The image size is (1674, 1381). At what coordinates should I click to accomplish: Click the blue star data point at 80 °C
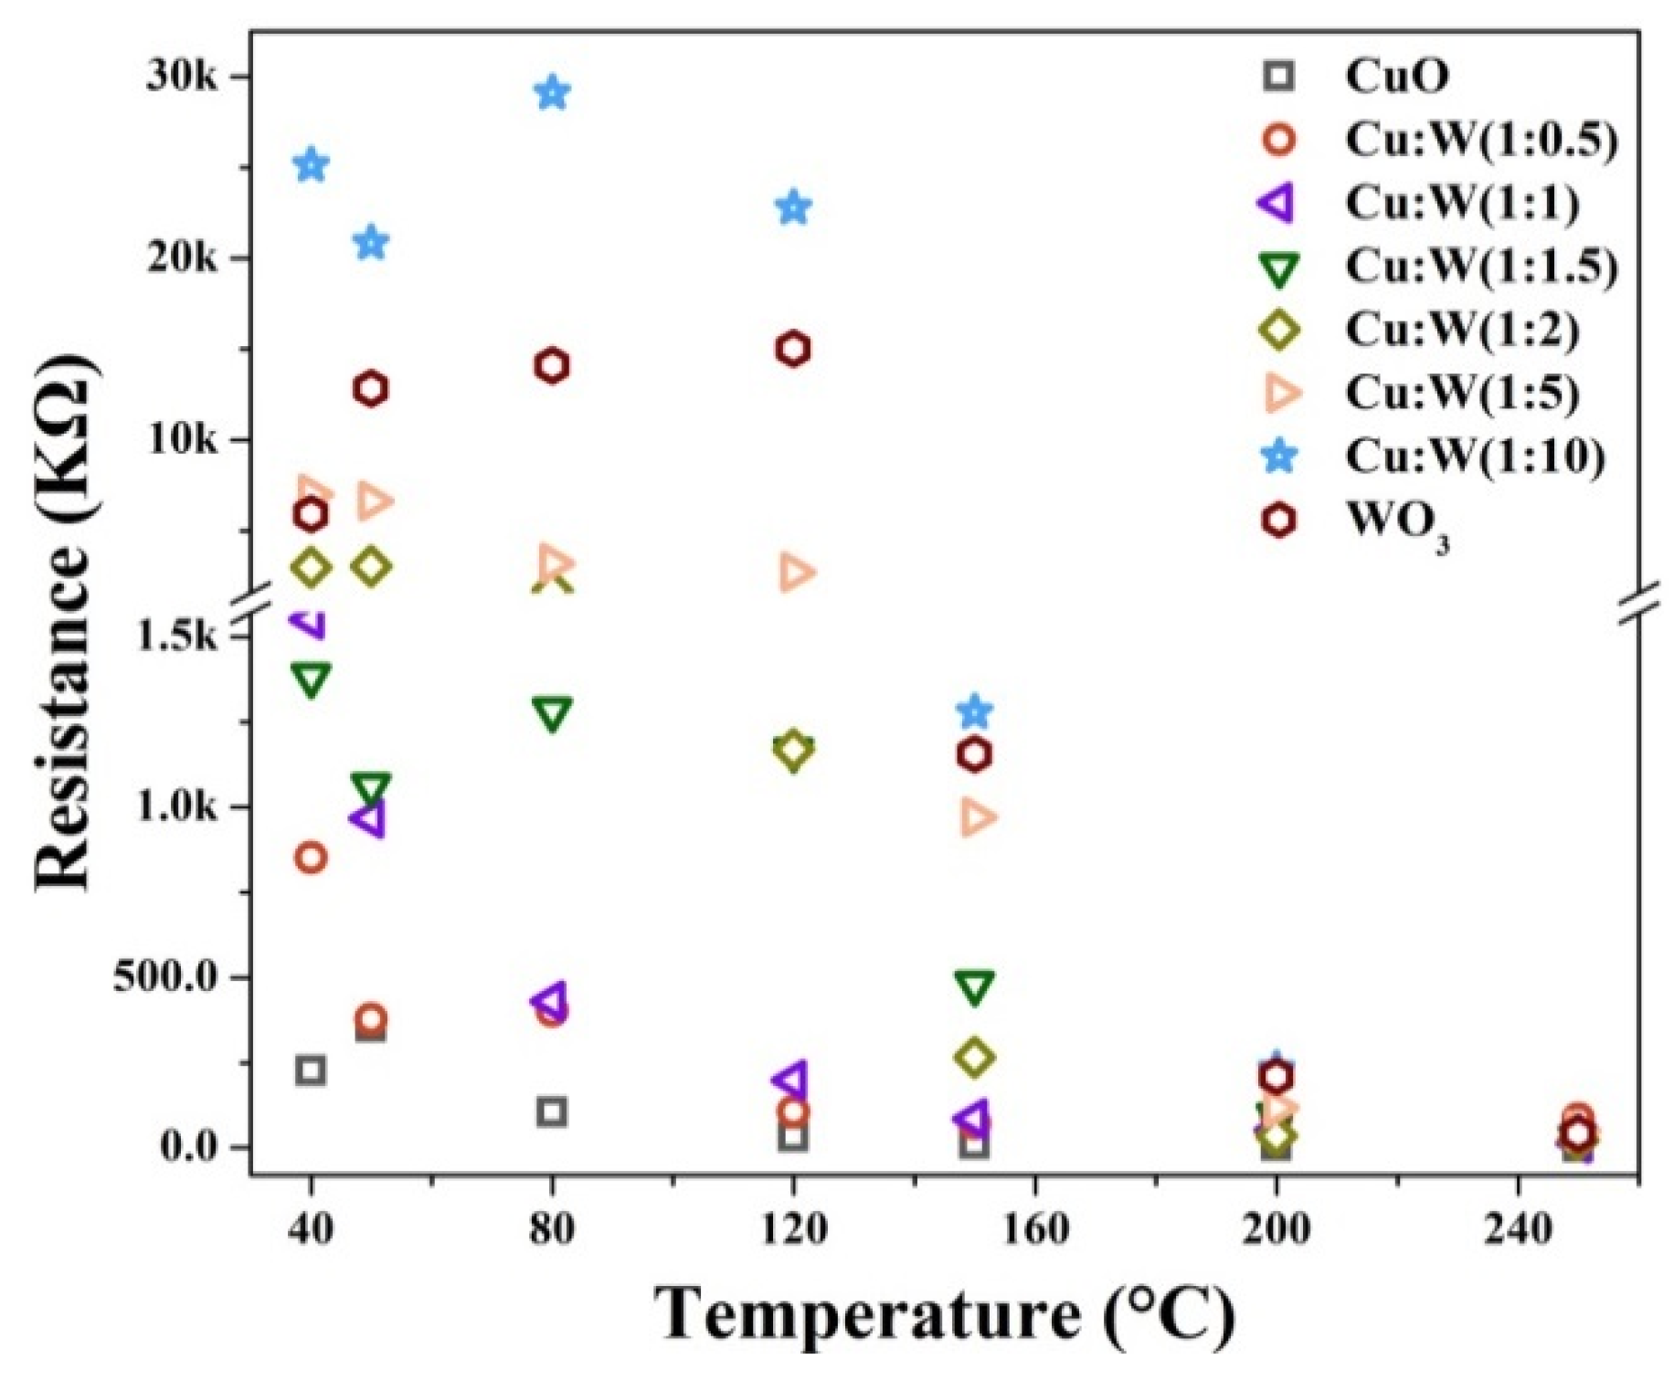pyautogui.click(x=552, y=92)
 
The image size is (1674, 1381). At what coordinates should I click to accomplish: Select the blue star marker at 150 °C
pyautogui.click(x=975, y=711)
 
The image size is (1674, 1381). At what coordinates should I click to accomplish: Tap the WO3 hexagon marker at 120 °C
pyautogui.click(x=793, y=349)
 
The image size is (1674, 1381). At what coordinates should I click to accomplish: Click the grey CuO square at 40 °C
pyautogui.click(x=311, y=1070)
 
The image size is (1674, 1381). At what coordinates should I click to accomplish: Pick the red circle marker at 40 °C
pyautogui.click(x=311, y=858)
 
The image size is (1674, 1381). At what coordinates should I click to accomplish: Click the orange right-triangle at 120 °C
pyautogui.click(x=796, y=573)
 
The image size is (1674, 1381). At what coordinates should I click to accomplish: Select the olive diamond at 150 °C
pyautogui.click(x=975, y=1057)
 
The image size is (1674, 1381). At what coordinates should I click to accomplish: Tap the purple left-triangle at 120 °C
pyautogui.click(x=789, y=1080)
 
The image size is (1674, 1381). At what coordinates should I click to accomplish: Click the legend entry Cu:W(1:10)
pyautogui.click(x=1474, y=456)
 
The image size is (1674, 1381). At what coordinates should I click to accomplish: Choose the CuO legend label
pyautogui.click(x=1396, y=76)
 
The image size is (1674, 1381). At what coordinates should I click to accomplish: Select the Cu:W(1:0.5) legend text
pyautogui.click(x=1480, y=140)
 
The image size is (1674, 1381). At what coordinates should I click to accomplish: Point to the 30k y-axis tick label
pyautogui.click(x=182, y=77)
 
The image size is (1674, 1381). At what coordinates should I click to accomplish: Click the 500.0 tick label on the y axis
pyautogui.click(x=165, y=977)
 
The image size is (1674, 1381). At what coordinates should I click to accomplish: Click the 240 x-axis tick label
pyautogui.click(x=1518, y=1229)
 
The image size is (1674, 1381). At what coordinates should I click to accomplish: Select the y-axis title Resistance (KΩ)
pyautogui.click(x=64, y=621)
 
